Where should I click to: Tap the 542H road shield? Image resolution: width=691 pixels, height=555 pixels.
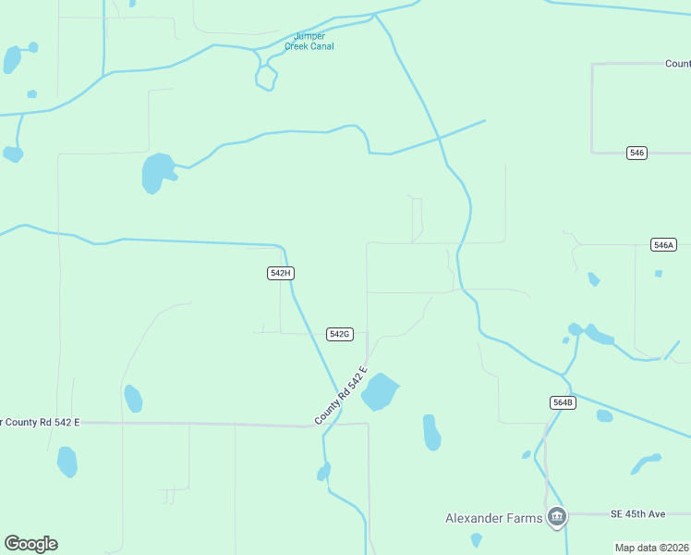click(x=281, y=273)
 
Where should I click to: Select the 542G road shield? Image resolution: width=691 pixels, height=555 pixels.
click(x=340, y=334)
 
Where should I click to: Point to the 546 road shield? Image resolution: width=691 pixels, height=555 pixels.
click(x=636, y=153)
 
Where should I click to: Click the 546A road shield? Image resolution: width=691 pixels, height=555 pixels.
click(x=663, y=245)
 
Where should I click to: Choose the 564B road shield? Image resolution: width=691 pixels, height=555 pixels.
click(x=563, y=402)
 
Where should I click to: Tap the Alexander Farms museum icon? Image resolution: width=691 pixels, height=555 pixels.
click(x=556, y=517)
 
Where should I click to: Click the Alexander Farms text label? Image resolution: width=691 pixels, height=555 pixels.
click(x=493, y=518)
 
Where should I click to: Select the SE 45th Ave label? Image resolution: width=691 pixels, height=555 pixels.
click(x=637, y=513)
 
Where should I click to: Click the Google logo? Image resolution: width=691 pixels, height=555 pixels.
click(x=30, y=544)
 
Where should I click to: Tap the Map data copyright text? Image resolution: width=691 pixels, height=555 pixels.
click(x=651, y=548)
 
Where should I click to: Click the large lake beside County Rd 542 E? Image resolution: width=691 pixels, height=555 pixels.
click(x=380, y=391)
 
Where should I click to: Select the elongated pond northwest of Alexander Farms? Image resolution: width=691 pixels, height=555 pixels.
click(x=431, y=432)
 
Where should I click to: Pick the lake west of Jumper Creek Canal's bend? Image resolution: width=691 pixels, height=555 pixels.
click(x=156, y=172)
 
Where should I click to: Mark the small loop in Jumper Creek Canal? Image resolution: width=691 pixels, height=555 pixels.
click(x=266, y=77)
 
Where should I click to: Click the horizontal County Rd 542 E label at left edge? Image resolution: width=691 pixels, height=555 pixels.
click(x=41, y=423)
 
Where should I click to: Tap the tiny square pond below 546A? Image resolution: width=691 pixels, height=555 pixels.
click(x=658, y=274)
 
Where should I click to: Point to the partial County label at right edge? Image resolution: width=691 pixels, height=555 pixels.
click(x=677, y=64)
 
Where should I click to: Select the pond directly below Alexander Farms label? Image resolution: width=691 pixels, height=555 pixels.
click(x=476, y=539)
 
